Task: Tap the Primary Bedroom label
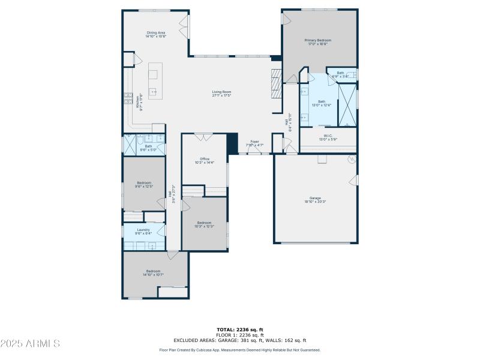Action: pos(317,41)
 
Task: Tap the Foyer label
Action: pos(254,143)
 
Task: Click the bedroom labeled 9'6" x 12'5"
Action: pos(144,184)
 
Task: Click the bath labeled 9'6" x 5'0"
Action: pos(148,147)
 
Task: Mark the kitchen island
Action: pos(155,80)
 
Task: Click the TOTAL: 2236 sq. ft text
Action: pos(240,329)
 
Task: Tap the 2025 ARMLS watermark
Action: pos(30,344)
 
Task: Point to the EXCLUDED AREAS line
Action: pos(240,340)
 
